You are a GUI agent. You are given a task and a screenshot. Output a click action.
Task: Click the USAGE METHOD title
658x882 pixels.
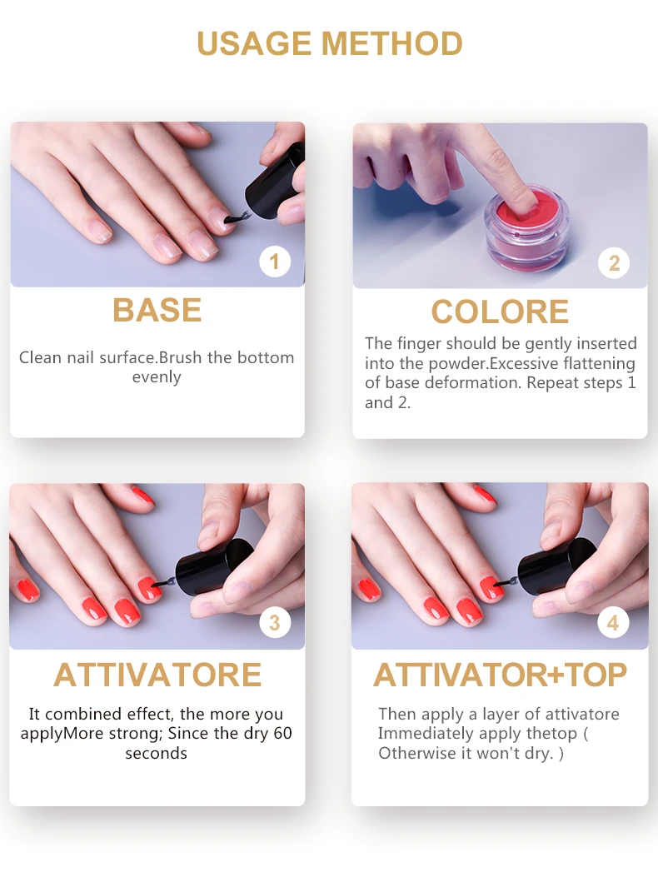329,43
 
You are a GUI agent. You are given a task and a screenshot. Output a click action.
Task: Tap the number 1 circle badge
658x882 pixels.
275,262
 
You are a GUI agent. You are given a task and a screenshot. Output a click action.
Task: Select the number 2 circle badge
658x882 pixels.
614,263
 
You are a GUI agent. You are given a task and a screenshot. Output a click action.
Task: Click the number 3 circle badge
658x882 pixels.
275,623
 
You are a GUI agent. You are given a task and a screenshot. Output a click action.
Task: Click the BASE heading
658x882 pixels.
157,311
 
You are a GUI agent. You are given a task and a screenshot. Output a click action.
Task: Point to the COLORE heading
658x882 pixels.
500,312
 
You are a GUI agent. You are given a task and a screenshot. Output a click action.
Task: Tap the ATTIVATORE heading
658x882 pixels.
157,675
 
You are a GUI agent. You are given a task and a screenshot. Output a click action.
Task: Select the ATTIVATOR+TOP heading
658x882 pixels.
500,675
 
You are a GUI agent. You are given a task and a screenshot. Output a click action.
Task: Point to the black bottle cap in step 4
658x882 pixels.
557,566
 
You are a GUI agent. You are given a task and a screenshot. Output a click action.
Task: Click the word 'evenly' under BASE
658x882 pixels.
157,377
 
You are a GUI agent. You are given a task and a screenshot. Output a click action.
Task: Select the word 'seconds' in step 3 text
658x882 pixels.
157,754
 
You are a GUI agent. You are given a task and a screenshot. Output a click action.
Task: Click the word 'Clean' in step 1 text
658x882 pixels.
40,358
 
